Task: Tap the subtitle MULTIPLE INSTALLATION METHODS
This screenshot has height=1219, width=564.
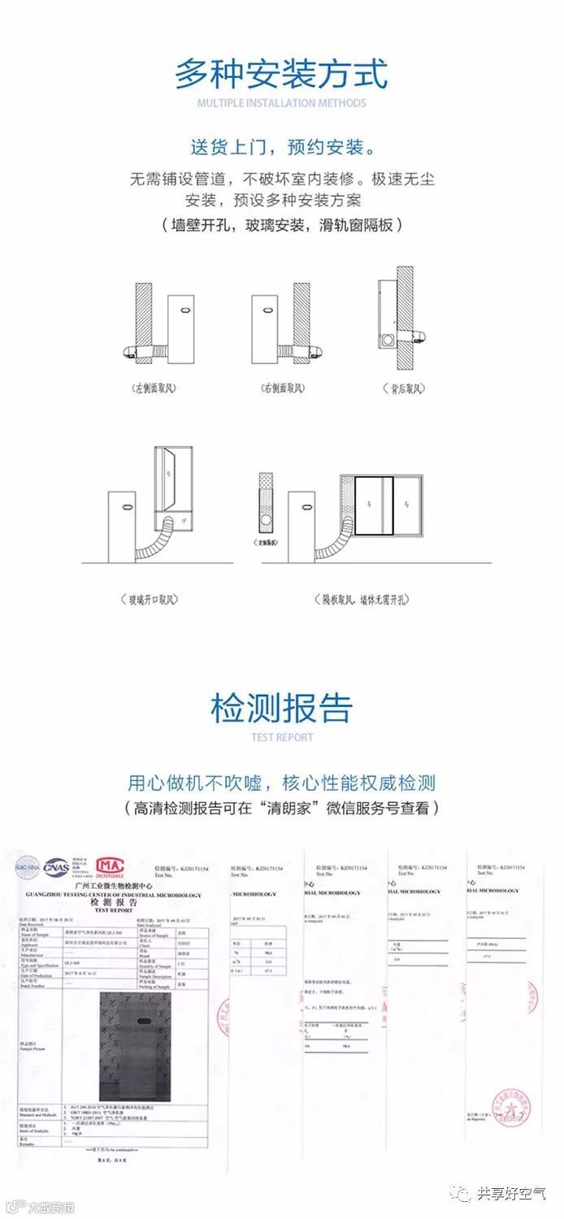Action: pos(281,103)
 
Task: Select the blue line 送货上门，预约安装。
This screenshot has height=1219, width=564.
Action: pos(281,147)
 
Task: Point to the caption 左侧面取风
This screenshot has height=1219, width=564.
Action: pos(154,388)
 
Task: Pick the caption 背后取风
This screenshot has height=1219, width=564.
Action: pos(406,388)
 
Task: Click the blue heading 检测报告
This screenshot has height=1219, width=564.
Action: pos(281,707)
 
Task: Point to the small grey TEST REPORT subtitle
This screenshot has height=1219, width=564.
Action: pos(281,738)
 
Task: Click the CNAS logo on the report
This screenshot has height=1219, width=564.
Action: pos(57,867)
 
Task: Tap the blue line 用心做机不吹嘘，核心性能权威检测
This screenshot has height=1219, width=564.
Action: pos(281,783)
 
